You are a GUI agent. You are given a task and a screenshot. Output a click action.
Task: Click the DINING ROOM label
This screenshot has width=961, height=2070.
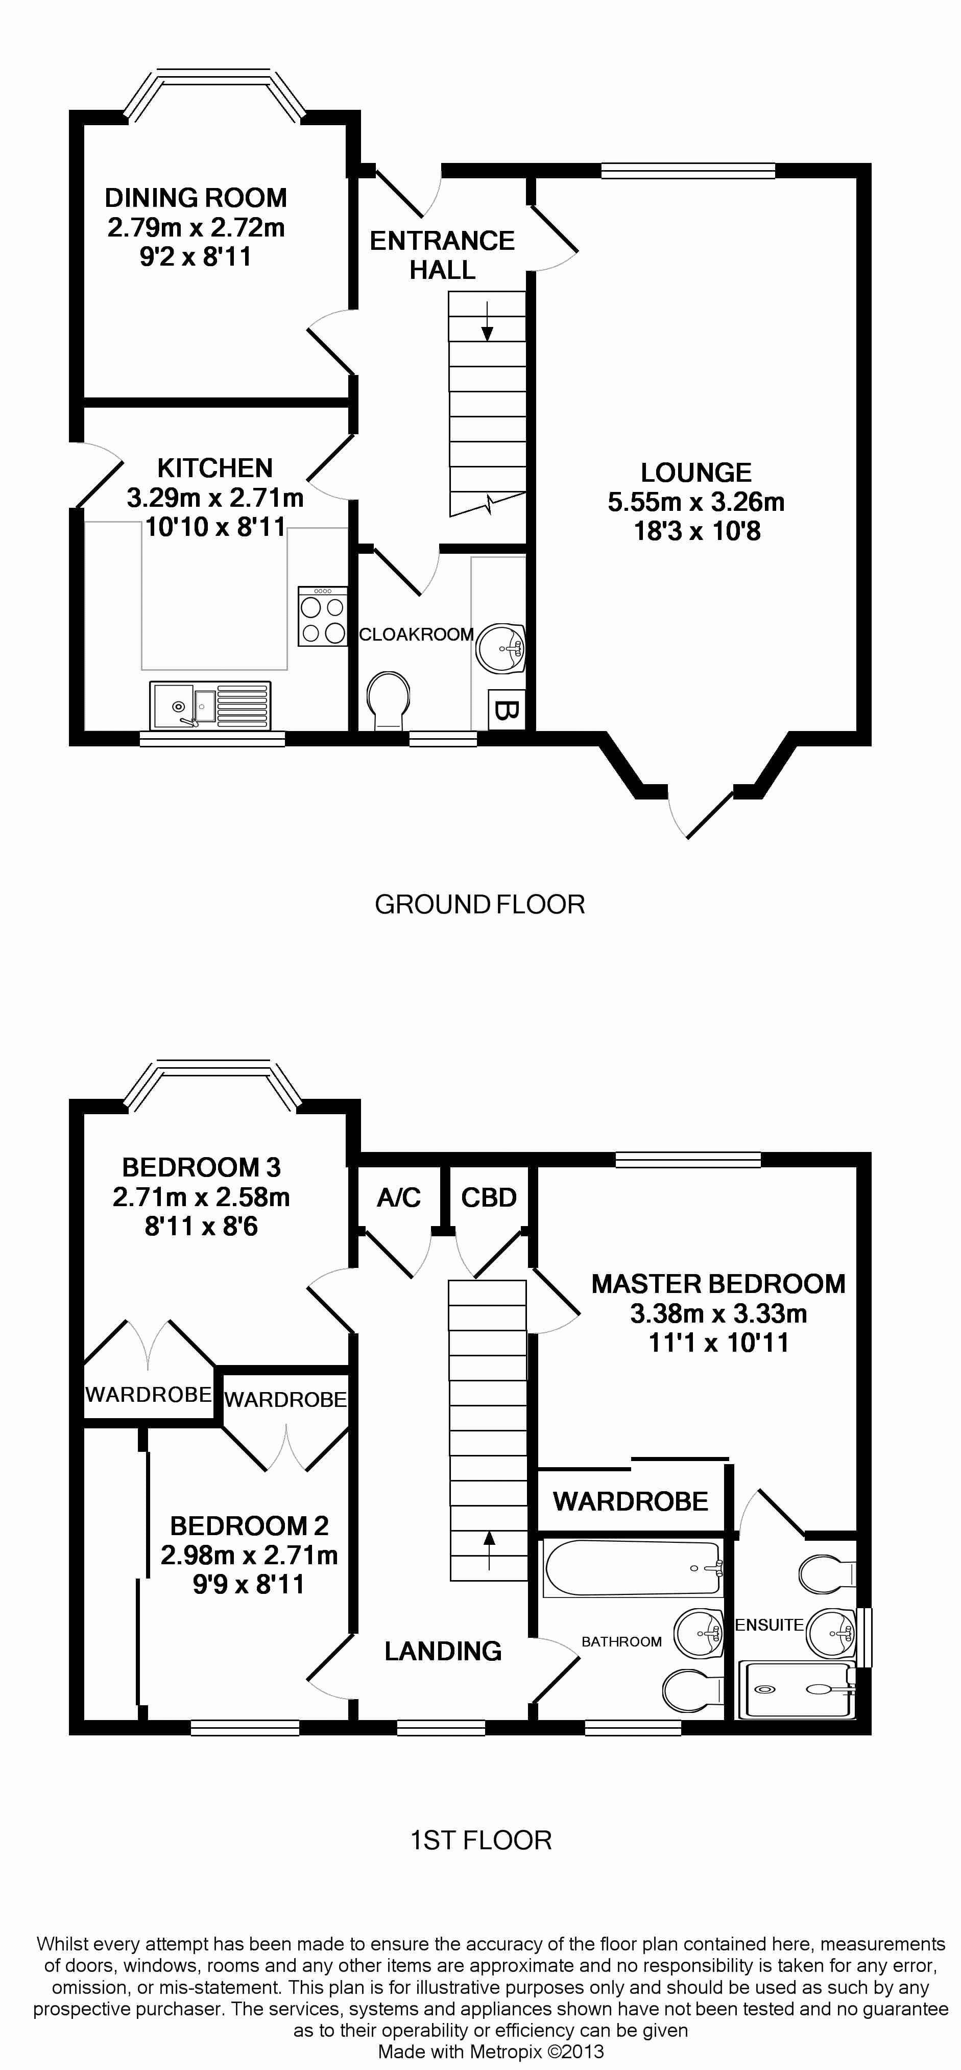196,198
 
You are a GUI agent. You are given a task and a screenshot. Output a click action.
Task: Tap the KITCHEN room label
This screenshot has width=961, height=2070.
215,467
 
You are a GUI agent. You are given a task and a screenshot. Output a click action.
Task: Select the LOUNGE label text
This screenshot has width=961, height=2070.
696,473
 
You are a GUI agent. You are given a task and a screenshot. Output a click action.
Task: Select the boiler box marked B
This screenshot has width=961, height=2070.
506,710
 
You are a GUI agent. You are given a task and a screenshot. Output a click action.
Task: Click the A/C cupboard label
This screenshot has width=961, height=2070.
398,1197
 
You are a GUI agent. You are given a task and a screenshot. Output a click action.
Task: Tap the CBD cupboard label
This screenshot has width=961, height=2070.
489,1197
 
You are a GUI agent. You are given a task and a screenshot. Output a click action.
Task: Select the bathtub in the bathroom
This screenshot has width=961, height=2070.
633,1568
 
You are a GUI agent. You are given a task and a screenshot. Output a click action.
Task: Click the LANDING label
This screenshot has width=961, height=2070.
443,1651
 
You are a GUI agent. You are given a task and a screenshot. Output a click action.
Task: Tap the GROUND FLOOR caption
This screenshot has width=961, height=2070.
479,905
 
